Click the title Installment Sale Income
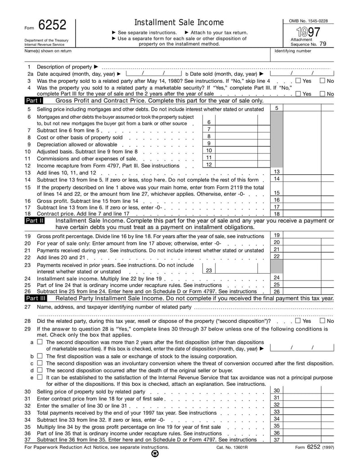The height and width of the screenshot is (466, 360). (x=179, y=23)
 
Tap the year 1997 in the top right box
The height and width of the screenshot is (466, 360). (x=308, y=32)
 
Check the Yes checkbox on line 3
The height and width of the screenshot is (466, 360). (x=298, y=81)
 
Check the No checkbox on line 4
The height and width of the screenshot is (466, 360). (x=322, y=94)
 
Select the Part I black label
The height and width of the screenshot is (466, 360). (x=34, y=101)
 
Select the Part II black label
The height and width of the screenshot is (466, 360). (x=35, y=221)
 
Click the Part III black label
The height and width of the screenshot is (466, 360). (x=36, y=298)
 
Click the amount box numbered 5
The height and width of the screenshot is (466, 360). (x=308, y=109)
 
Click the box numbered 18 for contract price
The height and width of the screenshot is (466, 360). (x=308, y=214)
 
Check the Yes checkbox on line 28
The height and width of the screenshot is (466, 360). (x=298, y=321)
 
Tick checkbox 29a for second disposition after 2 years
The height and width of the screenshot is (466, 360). (x=40, y=342)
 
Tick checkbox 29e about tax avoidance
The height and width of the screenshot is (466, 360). (x=40, y=377)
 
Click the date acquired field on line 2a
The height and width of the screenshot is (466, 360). (x=153, y=73)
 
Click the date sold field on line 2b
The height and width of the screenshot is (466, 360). (x=302, y=73)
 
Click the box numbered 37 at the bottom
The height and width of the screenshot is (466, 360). (x=308, y=440)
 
